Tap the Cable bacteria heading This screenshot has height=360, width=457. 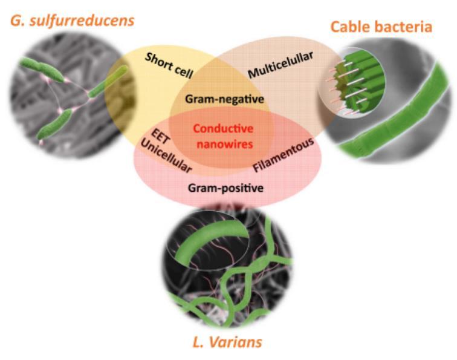click(x=380, y=27)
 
